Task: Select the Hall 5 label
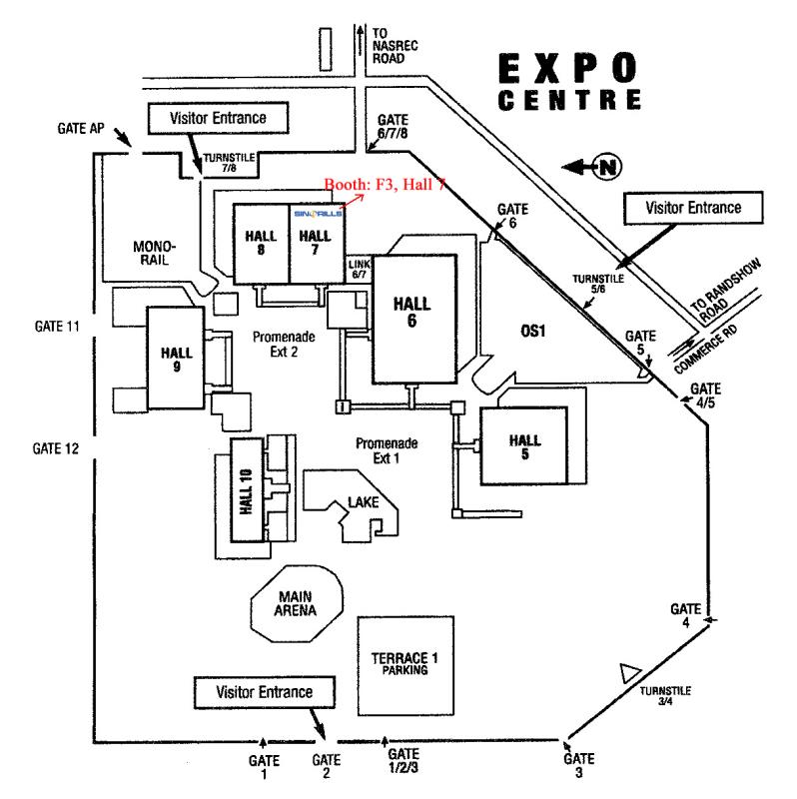(523, 446)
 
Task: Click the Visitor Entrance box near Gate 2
(266, 691)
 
